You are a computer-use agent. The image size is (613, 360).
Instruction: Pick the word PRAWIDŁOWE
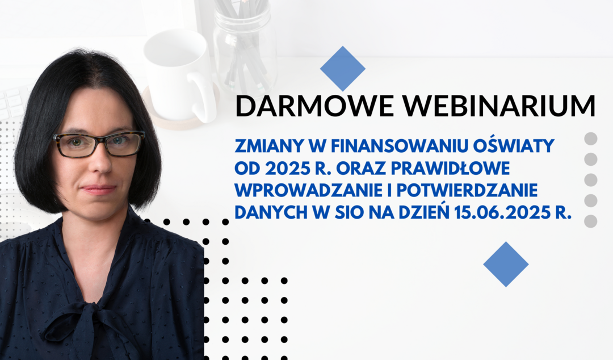450,168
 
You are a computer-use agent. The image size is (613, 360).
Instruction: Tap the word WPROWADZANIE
308,191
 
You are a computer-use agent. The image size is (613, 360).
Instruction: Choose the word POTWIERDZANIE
467,191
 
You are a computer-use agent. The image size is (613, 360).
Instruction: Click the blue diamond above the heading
342,69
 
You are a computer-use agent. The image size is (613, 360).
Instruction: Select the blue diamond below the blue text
506,264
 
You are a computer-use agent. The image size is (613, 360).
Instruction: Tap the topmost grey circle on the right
590,139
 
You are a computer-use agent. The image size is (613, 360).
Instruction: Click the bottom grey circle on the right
590,221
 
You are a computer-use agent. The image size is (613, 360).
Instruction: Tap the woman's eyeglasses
99,144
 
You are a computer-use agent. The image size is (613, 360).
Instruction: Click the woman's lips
99,190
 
